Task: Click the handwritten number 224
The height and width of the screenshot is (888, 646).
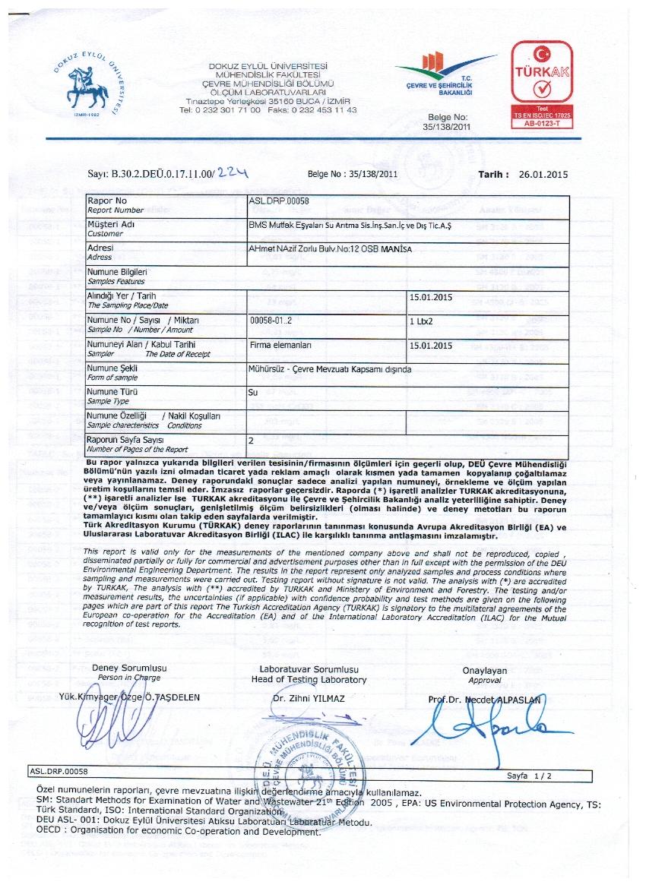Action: pos(234,173)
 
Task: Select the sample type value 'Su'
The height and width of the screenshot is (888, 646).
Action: pos(254,393)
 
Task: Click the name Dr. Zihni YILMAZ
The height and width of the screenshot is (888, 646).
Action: pos(309,698)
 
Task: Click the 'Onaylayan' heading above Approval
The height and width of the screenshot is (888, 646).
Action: pos(485,671)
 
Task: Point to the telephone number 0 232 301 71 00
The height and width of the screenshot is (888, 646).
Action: pos(220,110)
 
